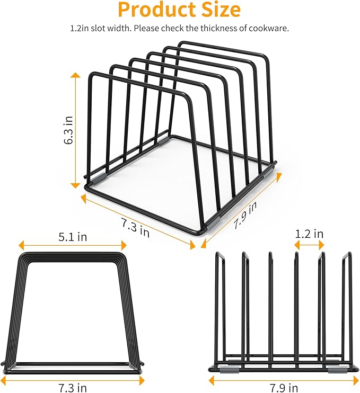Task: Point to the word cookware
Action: click(269, 29)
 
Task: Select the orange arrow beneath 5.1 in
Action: click(72, 245)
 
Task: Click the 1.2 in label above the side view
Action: click(310, 234)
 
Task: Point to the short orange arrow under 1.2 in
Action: click(310, 245)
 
